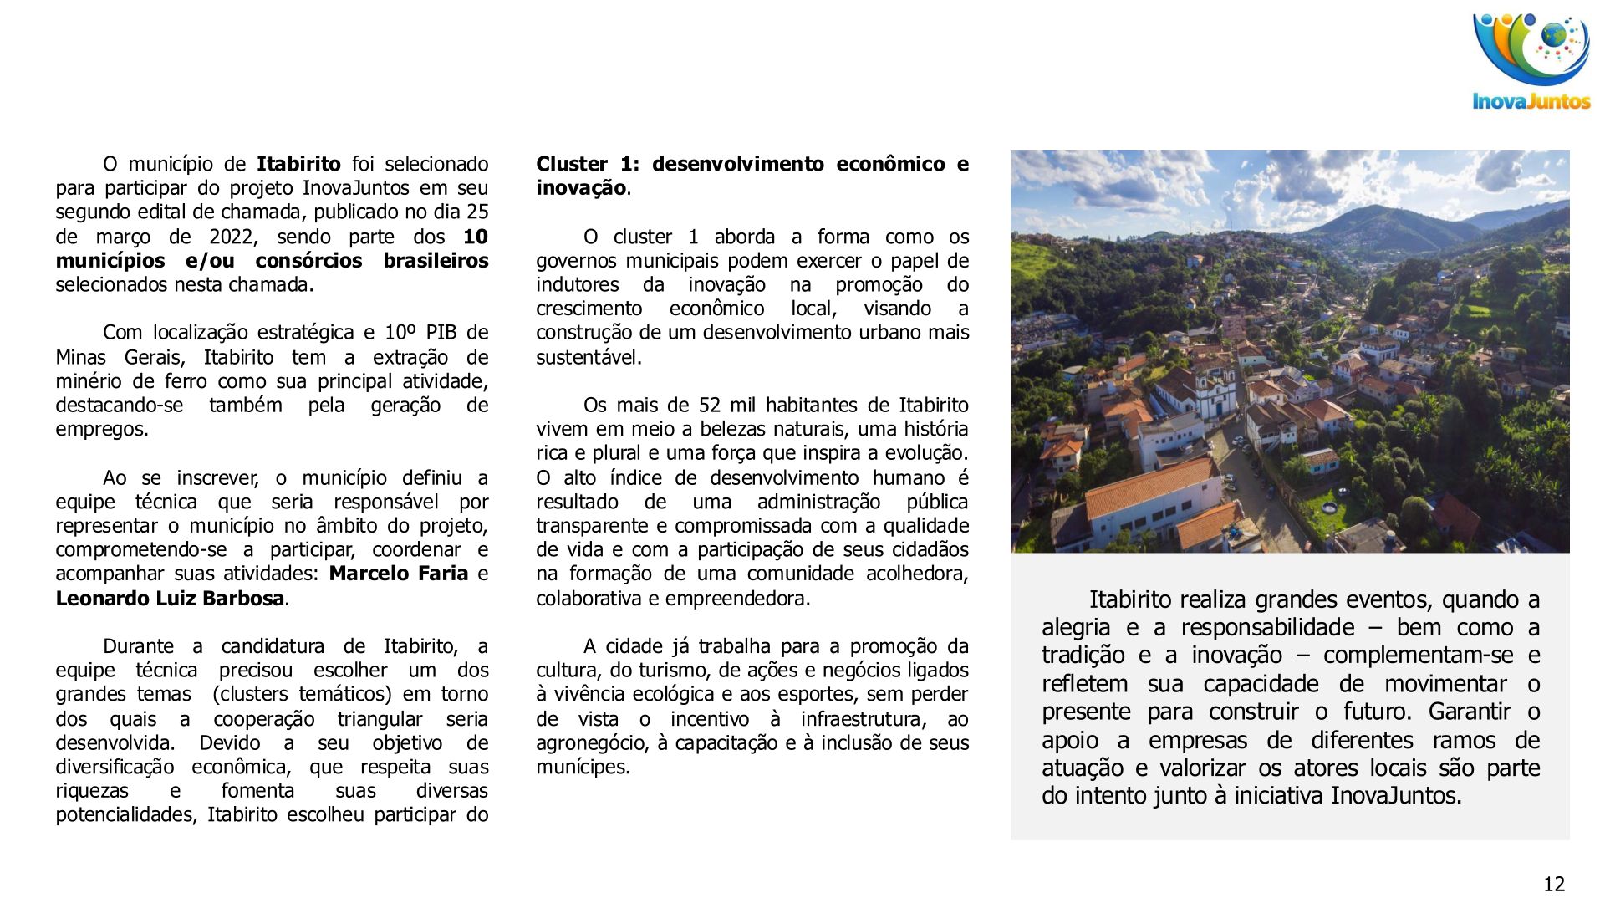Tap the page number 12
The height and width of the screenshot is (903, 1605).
(1554, 884)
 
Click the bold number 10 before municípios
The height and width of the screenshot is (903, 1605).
(475, 237)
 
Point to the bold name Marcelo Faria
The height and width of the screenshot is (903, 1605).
(398, 574)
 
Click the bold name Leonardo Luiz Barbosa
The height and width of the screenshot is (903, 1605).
(170, 599)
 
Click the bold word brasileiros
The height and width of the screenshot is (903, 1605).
(436, 261)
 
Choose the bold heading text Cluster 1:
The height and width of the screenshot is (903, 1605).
(586, 164)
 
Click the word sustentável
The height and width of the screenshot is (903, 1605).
(588, 357)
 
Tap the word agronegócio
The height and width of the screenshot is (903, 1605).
(589, 742)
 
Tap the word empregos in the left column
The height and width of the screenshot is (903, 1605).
(100, 430)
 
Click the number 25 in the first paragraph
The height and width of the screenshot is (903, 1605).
(476, 212)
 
